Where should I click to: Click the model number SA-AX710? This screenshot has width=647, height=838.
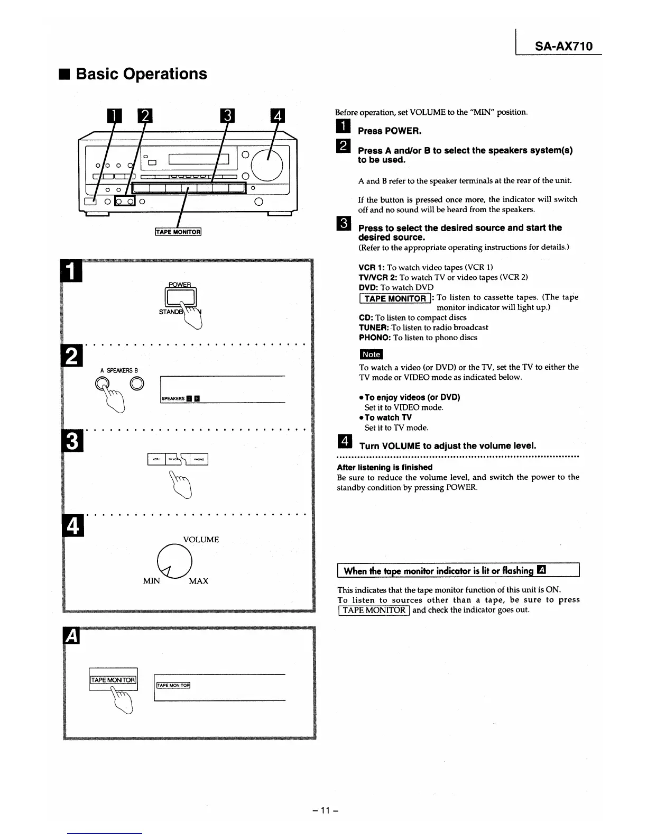(x=563, y=46)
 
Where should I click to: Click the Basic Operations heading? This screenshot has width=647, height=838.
(x=141, y=74)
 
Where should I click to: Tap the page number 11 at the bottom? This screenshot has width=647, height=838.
(x=325, y=810)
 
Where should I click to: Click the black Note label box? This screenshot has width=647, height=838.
(x=371, y=354)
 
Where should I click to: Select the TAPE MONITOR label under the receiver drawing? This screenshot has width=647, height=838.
(x=178, y=232)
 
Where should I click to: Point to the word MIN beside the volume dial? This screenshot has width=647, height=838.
(x=151, y=581)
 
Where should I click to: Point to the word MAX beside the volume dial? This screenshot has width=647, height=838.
(x=198, y=581)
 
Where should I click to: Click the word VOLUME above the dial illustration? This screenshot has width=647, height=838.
(x=201, y=540)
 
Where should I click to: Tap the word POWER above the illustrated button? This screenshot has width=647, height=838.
(x=180, y=284)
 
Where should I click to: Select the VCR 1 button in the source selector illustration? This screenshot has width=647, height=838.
(x=156, y=459)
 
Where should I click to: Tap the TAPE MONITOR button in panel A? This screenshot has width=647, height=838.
(x=113, y=680)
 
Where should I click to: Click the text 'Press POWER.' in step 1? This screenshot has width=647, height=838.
(x=390, y=131)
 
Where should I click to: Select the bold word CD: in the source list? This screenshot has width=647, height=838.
(x=366, y=317)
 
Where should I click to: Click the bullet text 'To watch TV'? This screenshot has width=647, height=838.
(x=388, y=417)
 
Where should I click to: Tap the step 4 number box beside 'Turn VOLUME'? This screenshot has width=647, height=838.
(x=344, y=441)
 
